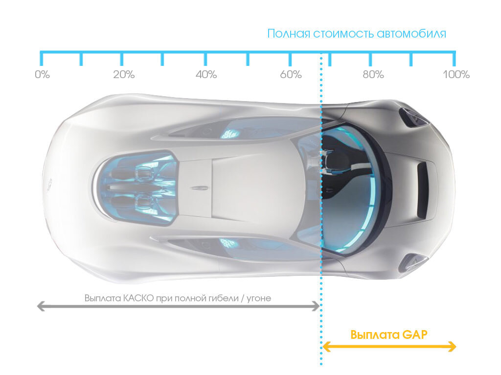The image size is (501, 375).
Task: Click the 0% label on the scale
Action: point(43,75)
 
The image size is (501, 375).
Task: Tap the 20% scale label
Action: point(123,75)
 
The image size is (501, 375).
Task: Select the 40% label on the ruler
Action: point(206,75)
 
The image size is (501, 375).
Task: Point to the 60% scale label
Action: point(291,75)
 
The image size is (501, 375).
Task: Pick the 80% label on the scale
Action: point(373,75)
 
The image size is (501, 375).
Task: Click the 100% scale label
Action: point(456,75)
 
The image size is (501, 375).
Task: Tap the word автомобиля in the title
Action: point(411,34)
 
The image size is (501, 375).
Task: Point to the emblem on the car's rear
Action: point(50,184)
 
